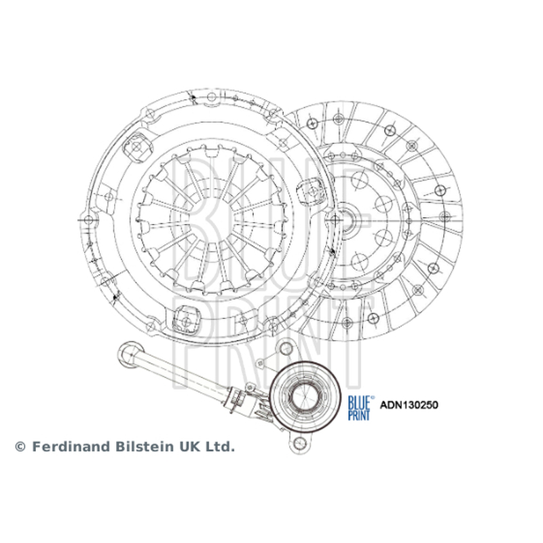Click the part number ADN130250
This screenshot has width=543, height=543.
[x=409, y=405]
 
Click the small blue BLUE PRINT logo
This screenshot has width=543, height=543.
[x=361, y=408]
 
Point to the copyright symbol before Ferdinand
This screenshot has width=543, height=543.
[x=20, y=447]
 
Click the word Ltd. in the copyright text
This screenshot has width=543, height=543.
[x=221, y=447]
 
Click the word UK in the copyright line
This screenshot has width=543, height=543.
[x=190, y=447]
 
